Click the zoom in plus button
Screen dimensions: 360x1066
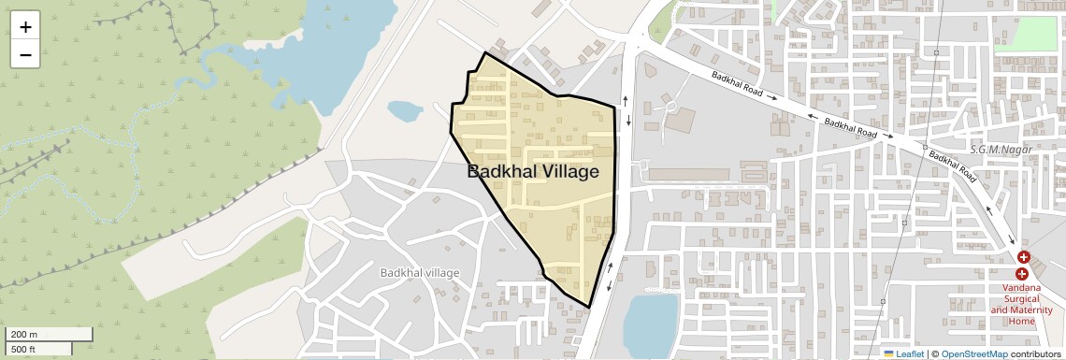(x=25, y=26)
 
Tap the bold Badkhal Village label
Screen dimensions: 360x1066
(x=532, y=172)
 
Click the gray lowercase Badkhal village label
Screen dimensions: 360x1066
(x=420, y=273)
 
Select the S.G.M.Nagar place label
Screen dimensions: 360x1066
(x=999, y=150)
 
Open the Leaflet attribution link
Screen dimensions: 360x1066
(x=909, y=354)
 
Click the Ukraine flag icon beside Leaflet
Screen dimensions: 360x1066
(x=888, y=354)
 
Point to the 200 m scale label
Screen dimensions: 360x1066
(x=24, y=334)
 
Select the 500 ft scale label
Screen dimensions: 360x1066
(x=23, y=350)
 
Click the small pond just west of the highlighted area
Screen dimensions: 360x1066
(x=405, y=111)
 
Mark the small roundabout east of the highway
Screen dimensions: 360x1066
(x=670, y=107)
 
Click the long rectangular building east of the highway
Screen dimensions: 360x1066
(x=688, y=175)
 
